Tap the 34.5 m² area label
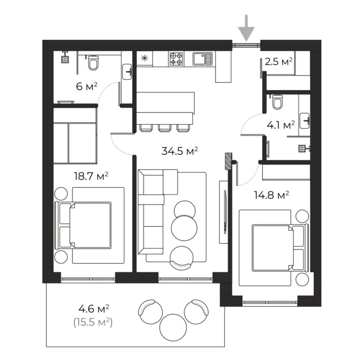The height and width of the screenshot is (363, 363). [x=179, y=151]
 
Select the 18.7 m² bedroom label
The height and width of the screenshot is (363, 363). [x=91, y=176]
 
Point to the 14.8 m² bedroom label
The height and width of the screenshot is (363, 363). [x=271, y=195]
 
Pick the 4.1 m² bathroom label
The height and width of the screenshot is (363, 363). [x=281, y=125]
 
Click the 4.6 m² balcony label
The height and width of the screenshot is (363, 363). [x=94, y=309]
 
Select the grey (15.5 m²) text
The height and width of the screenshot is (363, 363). [x=93, y=322]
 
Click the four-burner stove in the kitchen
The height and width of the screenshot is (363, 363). [x=176, y=59]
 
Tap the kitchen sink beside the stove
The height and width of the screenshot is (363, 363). [x=203, y=59]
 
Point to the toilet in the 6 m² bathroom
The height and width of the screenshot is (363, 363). [x=93, y=63]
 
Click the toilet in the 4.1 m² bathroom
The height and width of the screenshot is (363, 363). [x=277, y=102]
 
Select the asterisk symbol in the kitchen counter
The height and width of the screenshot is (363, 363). [x=145, y=58]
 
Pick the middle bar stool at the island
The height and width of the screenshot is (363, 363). [x=164, y=128]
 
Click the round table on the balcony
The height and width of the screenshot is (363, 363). [x=173, y=327]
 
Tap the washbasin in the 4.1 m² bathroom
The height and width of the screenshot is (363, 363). [x=304, y=121]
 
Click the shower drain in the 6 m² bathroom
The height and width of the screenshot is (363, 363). [x=65, y=59]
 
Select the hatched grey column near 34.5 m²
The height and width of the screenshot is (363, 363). [x=229, y=160]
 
